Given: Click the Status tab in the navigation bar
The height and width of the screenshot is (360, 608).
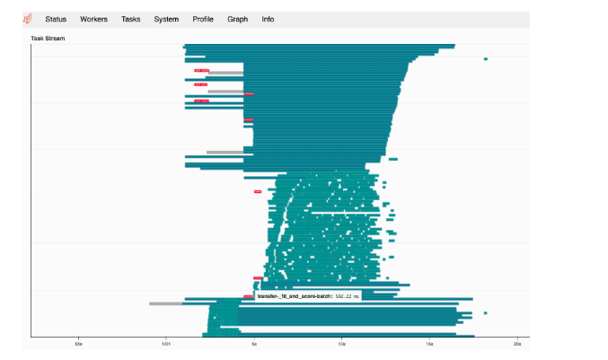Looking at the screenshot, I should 56,19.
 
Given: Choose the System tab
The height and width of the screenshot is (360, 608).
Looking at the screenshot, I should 165,19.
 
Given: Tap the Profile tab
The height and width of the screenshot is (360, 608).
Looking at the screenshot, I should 203,19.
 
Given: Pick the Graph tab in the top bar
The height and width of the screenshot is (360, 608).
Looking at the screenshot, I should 238,19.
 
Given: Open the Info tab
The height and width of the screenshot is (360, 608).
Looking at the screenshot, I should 268,19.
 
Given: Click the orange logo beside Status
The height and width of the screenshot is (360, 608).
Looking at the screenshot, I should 28,19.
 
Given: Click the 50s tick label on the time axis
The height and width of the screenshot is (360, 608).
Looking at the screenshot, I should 78,344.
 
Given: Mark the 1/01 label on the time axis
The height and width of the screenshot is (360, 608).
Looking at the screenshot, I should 165,344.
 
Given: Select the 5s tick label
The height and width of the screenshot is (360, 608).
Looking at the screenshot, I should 254,344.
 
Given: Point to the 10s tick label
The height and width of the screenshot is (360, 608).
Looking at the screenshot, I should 341,344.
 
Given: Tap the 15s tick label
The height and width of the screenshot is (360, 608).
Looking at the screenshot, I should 429,344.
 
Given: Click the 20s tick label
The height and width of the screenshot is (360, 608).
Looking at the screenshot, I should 516,344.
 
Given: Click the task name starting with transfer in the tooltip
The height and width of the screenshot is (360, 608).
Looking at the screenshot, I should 295,295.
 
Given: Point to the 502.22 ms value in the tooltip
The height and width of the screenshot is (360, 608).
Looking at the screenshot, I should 347,295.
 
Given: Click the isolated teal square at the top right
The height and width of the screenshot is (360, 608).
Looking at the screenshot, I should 485,59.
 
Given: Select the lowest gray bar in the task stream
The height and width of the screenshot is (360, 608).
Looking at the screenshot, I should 165,303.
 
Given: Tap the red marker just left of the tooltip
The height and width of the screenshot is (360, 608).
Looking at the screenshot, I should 248,296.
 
